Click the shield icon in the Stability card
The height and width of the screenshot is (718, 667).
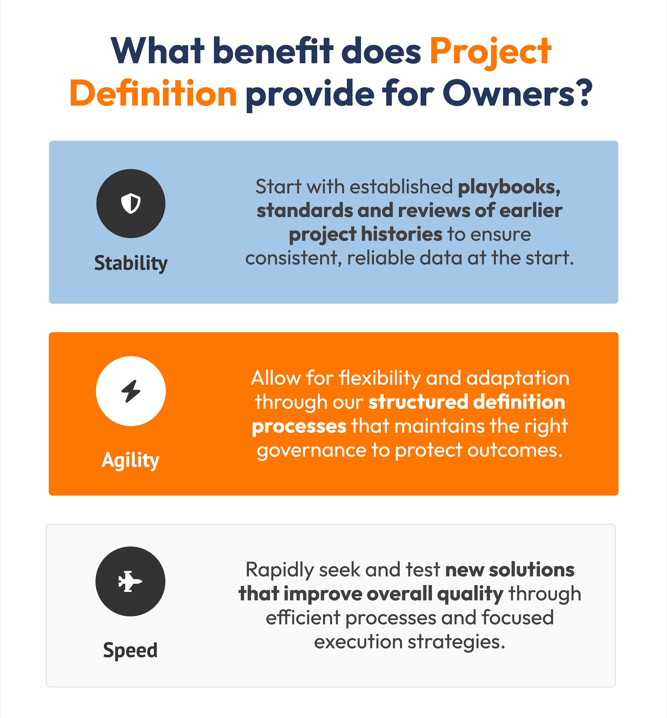pyautogui.click(x=131, y=204)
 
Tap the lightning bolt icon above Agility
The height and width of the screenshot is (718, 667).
pyautogui.click(x=131, y=391)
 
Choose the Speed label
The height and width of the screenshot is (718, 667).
pyautogui.click(x=130, y=650)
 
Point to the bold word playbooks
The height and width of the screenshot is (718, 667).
pyautogui.click(x=509, y=187)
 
